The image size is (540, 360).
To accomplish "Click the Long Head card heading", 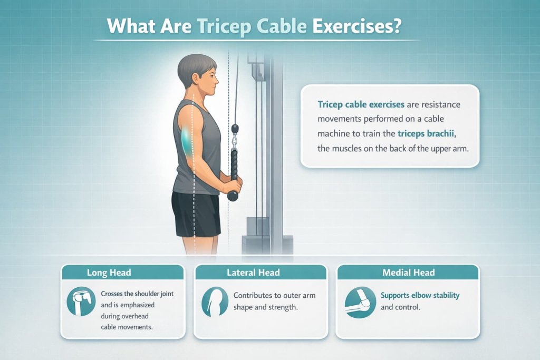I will tap(109, 273).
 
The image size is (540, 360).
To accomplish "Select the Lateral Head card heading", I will tap(253, 273).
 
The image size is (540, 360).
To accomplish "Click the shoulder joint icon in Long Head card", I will tap(81, 301).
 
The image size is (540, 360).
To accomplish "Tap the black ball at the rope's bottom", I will tap(233, 196).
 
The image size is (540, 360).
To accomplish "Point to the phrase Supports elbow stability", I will tap(420, 295).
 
